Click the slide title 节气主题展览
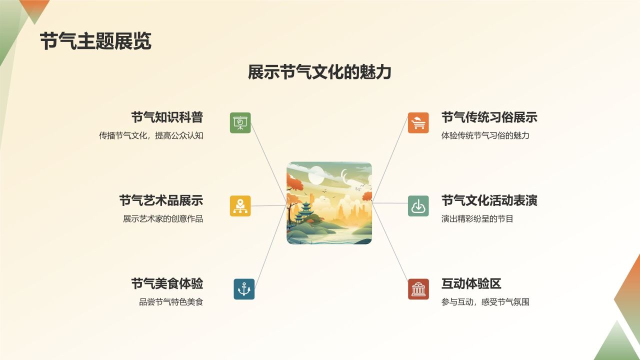point(95,41)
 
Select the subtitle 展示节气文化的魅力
point(319,72)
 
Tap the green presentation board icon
point(240,122)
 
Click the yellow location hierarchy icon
point(240,205)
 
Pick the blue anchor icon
point(244,289)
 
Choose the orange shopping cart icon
point(418,122)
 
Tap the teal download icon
point(418,205)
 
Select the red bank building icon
point(418,289)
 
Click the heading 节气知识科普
point(167,117)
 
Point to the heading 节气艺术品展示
point(161,200)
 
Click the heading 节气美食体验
point(167,284)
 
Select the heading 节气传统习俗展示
point(489,117)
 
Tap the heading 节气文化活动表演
point(489,200)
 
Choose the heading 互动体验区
point(471,284)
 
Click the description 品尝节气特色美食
point(171,302)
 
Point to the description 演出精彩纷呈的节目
point(477,218)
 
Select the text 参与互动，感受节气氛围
point(485,302)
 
